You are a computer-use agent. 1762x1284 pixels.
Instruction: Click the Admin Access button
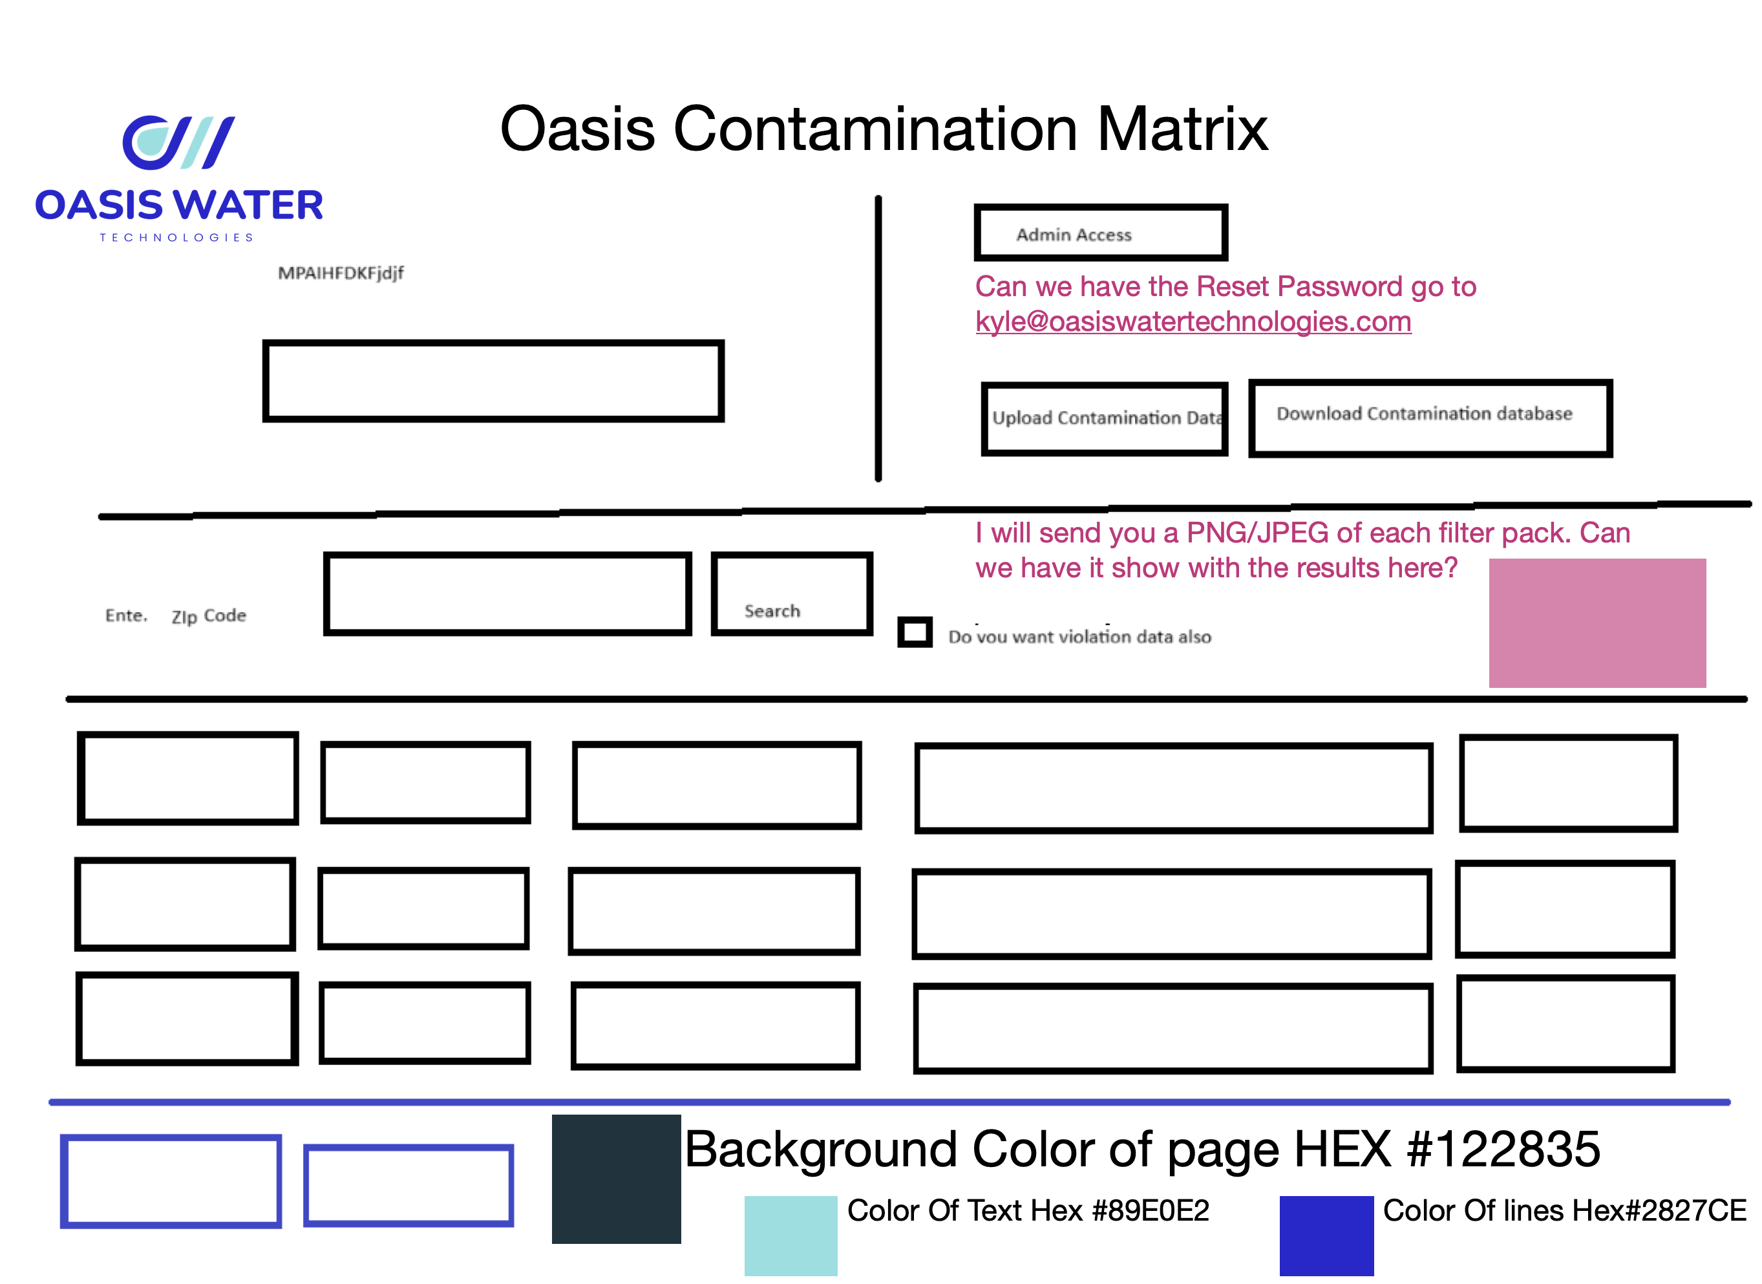(x=1100, y=233)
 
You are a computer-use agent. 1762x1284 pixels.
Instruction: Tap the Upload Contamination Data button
(x=1104, y=418)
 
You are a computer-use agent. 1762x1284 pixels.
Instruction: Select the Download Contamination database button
(x=1430, y=418)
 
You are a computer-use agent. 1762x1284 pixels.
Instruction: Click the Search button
(x=792, y=595)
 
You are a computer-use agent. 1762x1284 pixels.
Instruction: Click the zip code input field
(x=507, y=595)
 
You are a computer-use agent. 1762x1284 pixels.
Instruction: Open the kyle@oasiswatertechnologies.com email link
(x=1193, y=322)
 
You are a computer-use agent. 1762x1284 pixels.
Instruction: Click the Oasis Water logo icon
(x=178, y=142)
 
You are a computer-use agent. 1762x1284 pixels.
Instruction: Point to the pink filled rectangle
(x=1597, y=623)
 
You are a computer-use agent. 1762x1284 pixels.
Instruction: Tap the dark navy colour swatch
(x=616, y=1179)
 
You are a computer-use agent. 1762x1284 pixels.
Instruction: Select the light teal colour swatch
(x=790, y=1235)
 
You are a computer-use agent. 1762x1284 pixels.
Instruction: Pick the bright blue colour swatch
(x=1326, y=1235)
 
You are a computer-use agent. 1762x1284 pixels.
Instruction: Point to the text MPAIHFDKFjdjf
(x=341, y=273)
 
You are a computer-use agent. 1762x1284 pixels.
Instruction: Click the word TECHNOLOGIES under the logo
(x=177, y=238)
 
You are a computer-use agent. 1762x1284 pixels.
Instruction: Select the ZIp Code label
(x=208, y=615)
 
